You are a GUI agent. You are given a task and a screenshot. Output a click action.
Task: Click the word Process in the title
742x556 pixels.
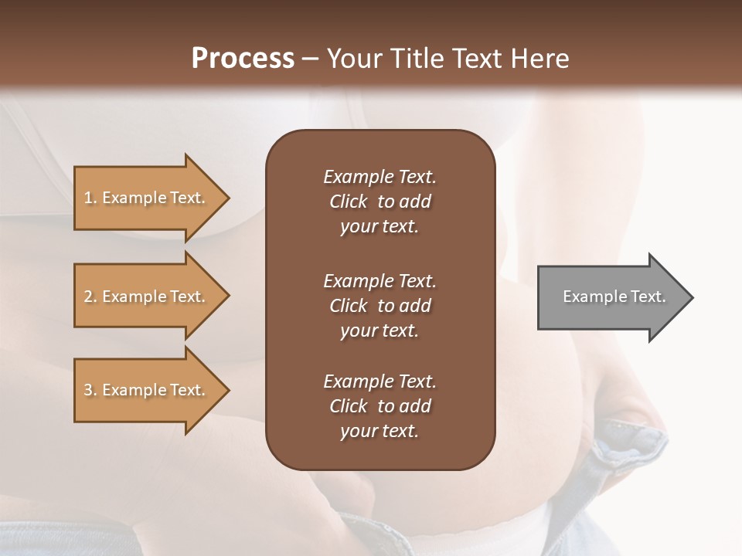pyautogui.click(x=243, y=59)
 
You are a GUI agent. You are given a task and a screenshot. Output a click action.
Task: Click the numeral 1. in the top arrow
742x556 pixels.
pyautogui.click(x=90, y=198)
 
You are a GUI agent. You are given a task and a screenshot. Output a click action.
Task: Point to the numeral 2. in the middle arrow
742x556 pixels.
pyautogui.click(x=90, y=297)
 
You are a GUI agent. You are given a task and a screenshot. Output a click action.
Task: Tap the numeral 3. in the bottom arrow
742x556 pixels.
pyautogui.click(x=90, y=390)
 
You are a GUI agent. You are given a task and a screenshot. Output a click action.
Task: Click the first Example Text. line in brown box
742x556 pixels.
pyautogui.click(x=380, y=177)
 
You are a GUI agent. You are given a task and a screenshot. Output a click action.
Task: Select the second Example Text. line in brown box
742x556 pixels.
pyautogui.click(x=380, y=280)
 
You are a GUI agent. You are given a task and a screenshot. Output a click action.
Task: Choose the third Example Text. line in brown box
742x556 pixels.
pyautogui.click(x=380, y=381)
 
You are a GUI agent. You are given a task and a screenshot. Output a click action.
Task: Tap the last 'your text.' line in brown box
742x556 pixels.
pyautogui.click(x=380, y=431)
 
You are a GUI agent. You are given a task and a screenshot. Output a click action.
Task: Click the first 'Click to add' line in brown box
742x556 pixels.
pyautogui.click(x=380, y=202)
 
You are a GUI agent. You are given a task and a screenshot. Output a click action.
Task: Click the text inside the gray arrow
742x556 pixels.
pyautogui.click(x=614, y=297)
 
